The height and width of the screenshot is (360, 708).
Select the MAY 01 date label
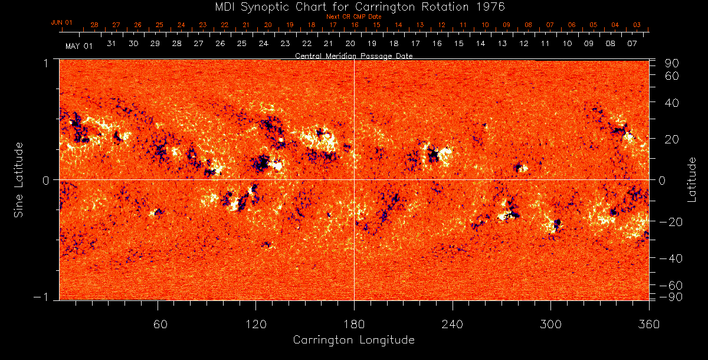pos(78,45)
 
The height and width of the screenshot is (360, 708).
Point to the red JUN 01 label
pos(61,22)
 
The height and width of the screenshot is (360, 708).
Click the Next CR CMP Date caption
pos(354,17)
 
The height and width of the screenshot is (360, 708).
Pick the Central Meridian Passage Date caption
pos(354,55)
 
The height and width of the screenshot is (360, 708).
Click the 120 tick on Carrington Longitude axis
pos(256,324)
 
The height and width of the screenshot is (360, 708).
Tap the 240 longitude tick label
pos(453,324)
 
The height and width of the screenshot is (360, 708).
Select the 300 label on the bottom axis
pos(550,324)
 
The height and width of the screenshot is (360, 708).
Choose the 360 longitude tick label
pos(648,324)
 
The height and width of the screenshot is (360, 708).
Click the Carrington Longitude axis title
pos(354,340)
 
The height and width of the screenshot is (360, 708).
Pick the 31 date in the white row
pos(112,43)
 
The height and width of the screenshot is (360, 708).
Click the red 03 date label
pos(637,25)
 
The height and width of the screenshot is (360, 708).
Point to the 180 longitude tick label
pos(354,324)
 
